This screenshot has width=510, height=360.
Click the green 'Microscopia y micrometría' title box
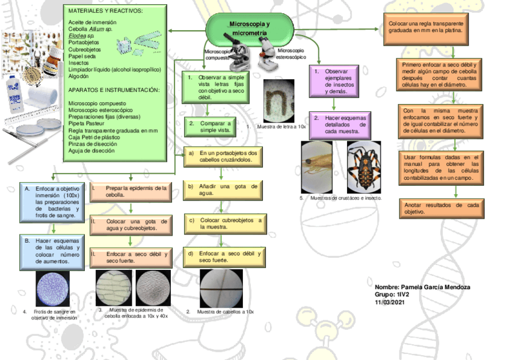point(250,27)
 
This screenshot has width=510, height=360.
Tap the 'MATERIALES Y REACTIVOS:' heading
point(105,11)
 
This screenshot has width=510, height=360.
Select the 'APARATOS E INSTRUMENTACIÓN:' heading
point(114,90)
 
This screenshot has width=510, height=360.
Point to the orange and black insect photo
point(363,166)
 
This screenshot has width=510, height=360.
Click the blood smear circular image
point(54,288)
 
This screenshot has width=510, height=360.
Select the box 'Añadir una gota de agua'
point(223,190)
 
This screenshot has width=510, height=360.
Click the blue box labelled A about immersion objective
point(54,202)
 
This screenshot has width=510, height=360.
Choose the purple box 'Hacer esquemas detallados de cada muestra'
point(340,124)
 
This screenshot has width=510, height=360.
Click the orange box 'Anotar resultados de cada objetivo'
point(441,209)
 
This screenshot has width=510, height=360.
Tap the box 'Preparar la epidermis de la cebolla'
point(130,192)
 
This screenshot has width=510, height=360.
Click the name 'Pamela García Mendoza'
point(422,287)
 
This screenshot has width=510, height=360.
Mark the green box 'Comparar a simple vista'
point(207,127)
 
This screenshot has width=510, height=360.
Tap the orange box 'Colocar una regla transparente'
point(425,25)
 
